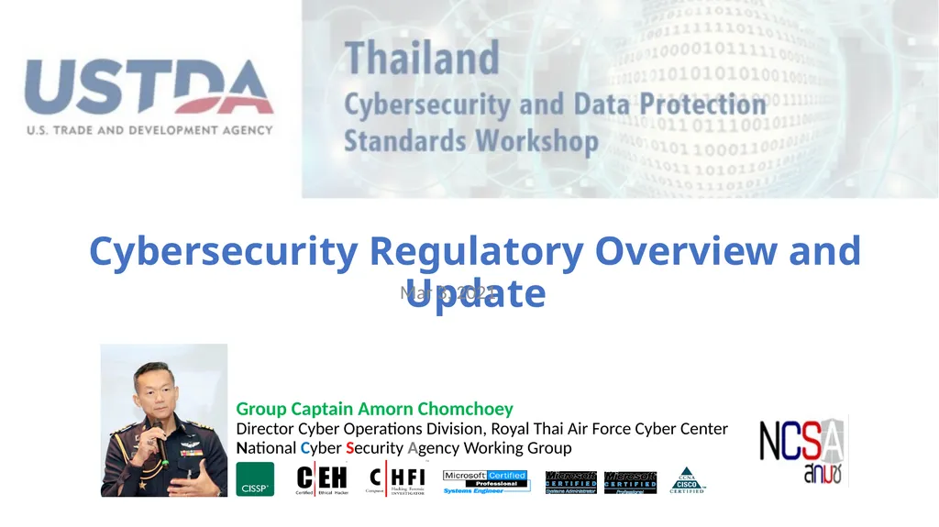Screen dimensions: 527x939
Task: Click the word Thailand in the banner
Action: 422,60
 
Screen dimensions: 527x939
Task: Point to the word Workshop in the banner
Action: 536,141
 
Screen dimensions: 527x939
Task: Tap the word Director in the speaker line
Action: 266,429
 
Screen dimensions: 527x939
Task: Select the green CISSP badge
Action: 255,479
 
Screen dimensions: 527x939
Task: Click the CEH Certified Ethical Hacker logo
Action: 322,479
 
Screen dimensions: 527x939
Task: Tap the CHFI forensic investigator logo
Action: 396,479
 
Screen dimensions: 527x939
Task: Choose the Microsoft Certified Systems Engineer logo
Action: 485,481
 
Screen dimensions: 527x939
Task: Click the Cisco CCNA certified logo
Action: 687,480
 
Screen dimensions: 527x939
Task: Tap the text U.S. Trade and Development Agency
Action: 149,130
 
